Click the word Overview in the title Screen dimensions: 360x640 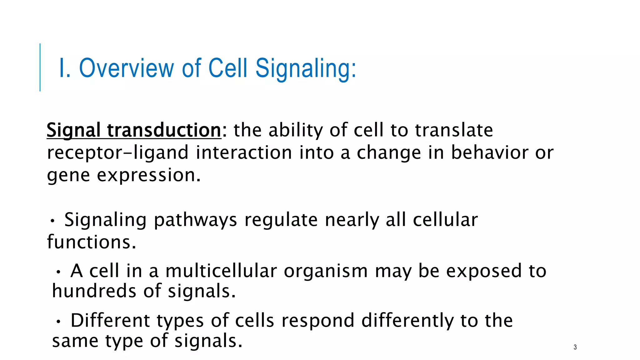[x=127, y=68]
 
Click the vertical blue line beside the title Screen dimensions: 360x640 [x=40, y=67]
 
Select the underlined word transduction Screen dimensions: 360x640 [x=164, y=130]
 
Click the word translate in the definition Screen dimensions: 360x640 [x=454, y=130]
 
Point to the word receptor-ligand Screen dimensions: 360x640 [x=118, y=153]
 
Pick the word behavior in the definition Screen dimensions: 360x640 [x=489, y=152]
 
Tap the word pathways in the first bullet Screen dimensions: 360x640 [x=195, y=220]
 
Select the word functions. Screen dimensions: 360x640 [x=92, y=242]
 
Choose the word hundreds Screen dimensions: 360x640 [x=94, y=291]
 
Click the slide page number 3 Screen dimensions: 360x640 [x=575, y=347]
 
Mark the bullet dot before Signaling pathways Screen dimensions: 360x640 [x=52, y=221]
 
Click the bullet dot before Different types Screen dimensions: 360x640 [x=58, y=322]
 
